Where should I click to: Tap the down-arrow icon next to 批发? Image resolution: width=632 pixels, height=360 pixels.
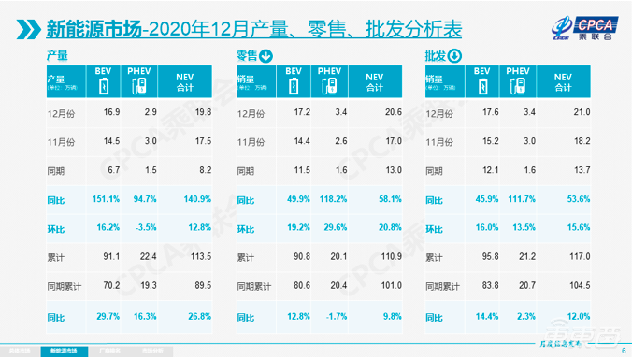(454, 55)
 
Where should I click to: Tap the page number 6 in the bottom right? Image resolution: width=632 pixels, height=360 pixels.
(623, 352)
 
